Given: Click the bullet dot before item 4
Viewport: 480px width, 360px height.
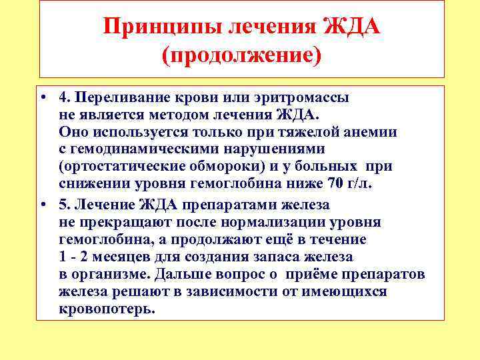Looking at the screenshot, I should [x=43, y=97].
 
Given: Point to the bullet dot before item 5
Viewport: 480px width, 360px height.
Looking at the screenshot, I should [x=43, y=205].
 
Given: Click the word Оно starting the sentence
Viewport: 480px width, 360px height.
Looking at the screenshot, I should [x=70, y=132].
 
